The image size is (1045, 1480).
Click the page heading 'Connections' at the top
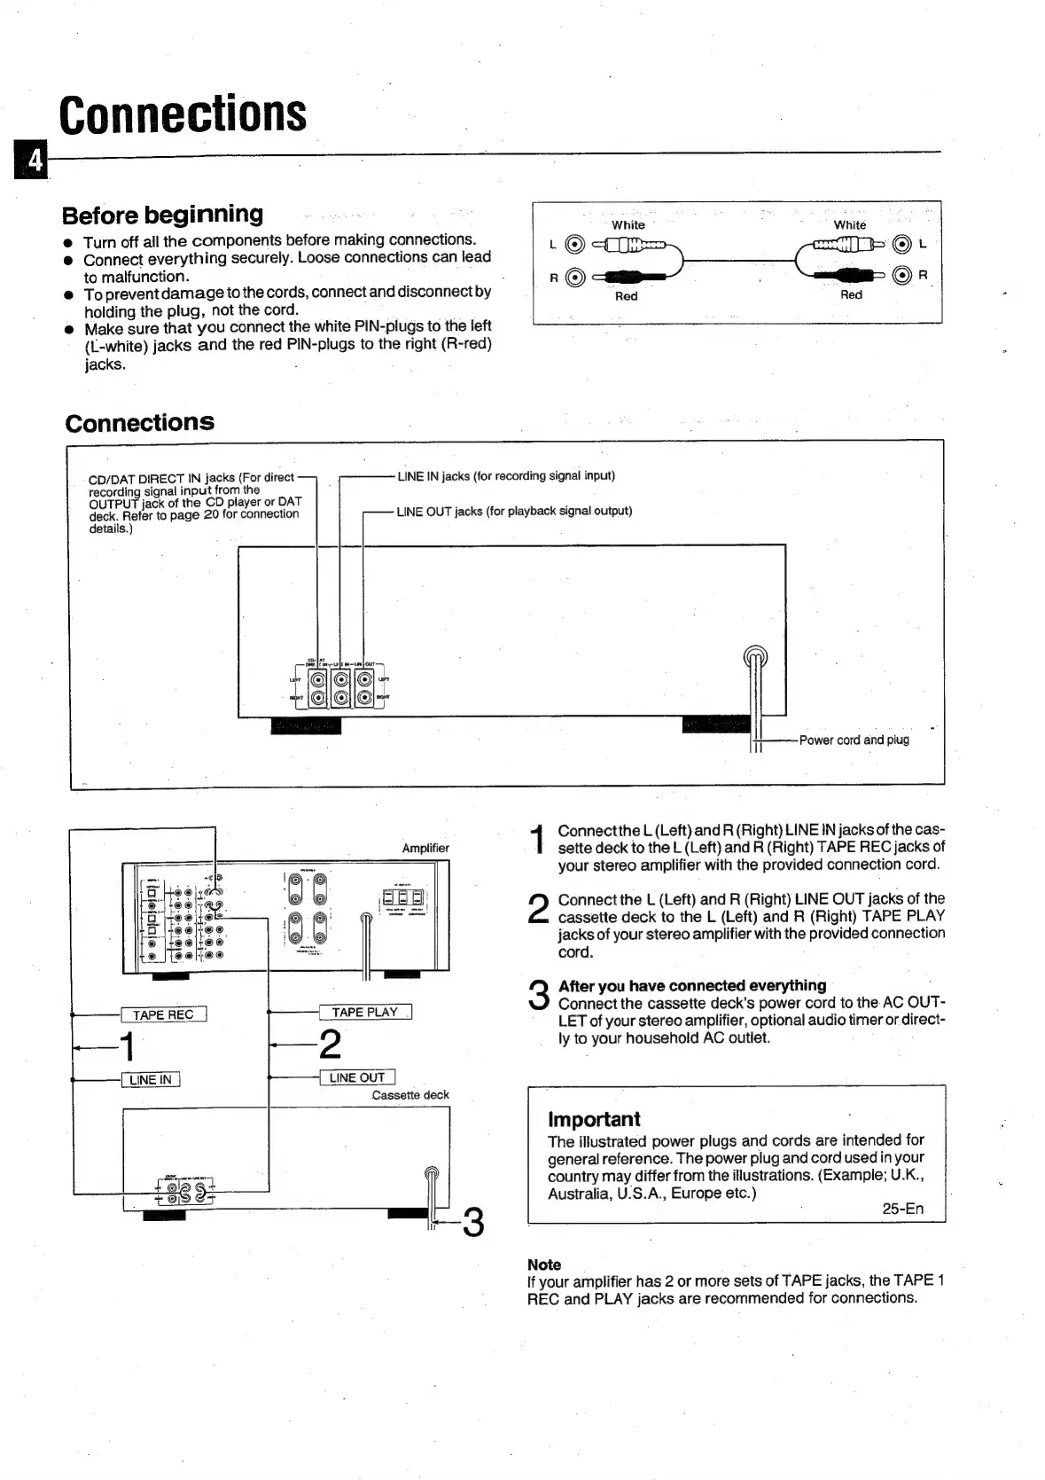click(x=183, y=114)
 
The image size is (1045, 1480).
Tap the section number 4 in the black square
click(x=34, y=160)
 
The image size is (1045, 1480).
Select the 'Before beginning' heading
click(x=163, y=215)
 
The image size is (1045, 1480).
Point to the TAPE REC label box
click(x=163, y=1014)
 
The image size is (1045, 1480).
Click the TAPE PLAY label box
click(x=364, y=1012)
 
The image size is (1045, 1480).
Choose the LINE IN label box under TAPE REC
click(x=151, y=1079)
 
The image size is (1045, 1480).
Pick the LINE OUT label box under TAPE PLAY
click(x=356, y=1077)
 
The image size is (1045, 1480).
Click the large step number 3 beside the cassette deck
click(x=473, y=1223)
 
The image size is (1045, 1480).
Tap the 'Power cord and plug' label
click(x=854, y=740)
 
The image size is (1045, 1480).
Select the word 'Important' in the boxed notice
click(x=594, y=1119)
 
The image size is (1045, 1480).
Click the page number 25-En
click(x=902, y=1209)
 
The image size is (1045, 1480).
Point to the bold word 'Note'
click(x=544, y=1265)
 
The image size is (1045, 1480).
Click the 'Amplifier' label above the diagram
click(x=425, y=848)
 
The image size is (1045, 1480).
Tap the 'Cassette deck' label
click(x=410, y=1095)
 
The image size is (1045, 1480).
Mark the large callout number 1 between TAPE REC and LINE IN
click(x=128, y=1046)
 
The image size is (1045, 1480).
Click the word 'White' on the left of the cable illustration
click(x=628, y=225)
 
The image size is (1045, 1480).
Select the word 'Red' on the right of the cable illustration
click(x=851, y=295)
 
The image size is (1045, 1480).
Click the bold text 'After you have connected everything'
click(x=692, y=985)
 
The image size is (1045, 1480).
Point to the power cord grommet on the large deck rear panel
click(x=755, y=658)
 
